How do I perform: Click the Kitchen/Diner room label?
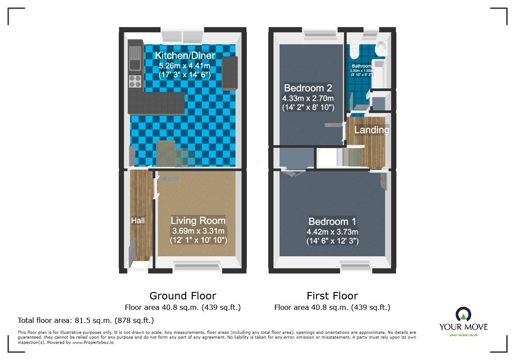[x=185, y=56]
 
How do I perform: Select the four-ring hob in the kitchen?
[x=135, y=82]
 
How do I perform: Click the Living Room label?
[x=198, y=221]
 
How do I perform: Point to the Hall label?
[x=138, y=221]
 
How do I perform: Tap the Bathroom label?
[x=362, y=67]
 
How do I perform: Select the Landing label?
[x=372, y=130]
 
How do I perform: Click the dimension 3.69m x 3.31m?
[x=198, y=231]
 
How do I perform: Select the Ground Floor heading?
[x=183, y=296]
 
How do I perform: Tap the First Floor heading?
[x=332, y=296]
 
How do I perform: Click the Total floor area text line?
[x=86, y=321]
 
